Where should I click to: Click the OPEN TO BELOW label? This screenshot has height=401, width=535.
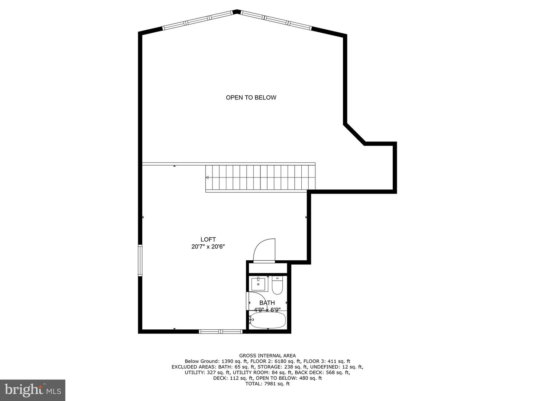click(251, 98)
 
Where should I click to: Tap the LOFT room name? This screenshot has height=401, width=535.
click(208, 239)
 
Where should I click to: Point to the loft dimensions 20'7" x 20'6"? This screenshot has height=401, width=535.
click(208, 247)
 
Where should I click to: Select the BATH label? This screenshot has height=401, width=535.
click(267, 303)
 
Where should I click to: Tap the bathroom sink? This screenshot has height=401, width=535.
click(258, 284)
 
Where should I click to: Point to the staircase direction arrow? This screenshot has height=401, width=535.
click(207, 177)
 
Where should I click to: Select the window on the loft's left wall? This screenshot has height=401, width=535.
click(140, 260)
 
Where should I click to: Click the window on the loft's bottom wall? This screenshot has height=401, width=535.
click(221, 331)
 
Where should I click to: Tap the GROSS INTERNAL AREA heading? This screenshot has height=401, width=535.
click(267, 356)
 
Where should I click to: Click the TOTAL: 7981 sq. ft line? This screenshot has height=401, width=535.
click(267, 384)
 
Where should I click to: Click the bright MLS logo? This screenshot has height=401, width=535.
click(33, 390)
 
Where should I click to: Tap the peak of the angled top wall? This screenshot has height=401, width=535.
click(237, 11)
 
